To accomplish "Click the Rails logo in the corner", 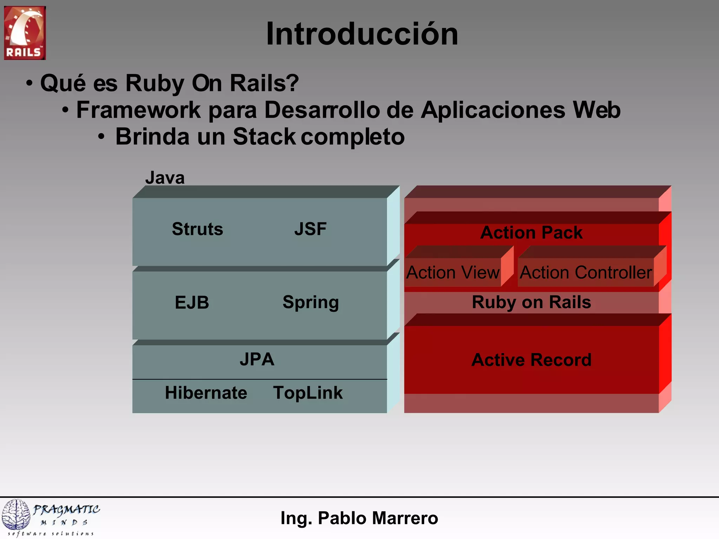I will coord(25,33).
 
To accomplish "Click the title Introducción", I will coord(362,34).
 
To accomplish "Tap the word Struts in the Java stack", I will coord(197,229).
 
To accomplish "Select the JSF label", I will coord(310,229).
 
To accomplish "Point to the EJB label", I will coord(192,302).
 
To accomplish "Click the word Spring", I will coord(311,302).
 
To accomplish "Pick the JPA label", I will coord(257,359).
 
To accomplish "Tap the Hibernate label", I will coord(206,393).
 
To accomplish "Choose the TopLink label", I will coord(308,393).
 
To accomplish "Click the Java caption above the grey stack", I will coord(165,178).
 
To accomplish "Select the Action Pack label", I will coord(531,233).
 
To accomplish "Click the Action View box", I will coord(453,272).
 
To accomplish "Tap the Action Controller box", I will coord(586,272).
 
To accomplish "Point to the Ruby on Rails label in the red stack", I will coord(531,302).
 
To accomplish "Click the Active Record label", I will coord(531,360).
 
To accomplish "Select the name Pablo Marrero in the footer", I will coord(378,518).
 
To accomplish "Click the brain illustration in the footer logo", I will coord(16,514).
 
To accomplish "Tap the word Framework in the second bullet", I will coord(138,110).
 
